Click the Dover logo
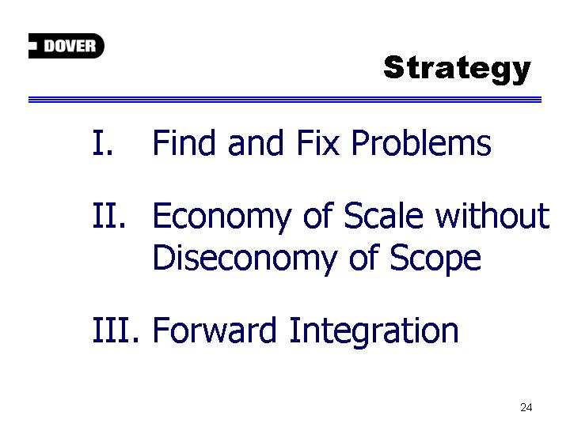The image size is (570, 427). (x=66, y=46)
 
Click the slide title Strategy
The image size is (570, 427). (x=457, y=70)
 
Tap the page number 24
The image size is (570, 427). (x=526, y=407)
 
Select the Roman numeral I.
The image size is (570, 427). (x=102, y=142)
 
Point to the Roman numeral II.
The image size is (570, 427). (x=108, y=215)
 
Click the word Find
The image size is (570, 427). (x=184, y=142)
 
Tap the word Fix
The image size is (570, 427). (x=318, y=142)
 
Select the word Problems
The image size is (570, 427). (x=421, y=142)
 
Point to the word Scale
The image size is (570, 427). (x=383, y=215)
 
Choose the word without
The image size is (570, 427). (x=492, y=215)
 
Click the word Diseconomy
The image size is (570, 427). (x=245, y=259)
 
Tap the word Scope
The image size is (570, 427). (x=435, y=259)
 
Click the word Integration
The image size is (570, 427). (x=374, y=332)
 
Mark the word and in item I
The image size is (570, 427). (x=256, y=142)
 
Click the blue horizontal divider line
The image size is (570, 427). (x=285, y=100)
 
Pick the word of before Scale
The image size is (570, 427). (x=318, y=215)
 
